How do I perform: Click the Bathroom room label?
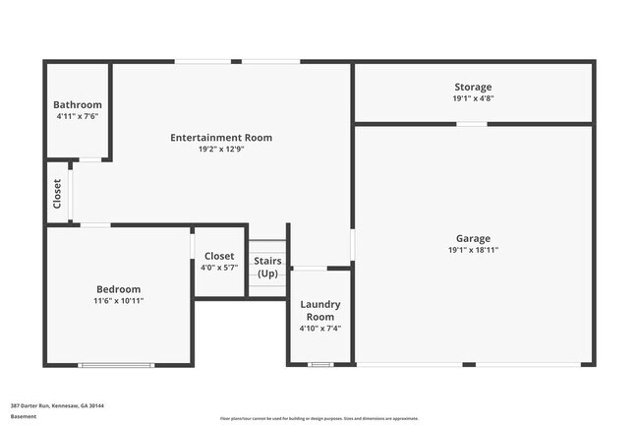(78, 104)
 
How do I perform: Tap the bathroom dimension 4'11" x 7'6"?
(78, 116)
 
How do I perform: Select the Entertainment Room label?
(221, 138)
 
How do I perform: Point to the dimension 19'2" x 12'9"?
(221, 150)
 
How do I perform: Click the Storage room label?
(473, 88)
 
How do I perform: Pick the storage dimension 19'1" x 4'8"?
(473, 98)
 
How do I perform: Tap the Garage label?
(473, 238)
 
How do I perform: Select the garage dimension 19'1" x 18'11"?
(473, 250)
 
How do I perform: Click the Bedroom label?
(118, 288)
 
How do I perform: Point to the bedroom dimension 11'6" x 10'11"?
(118, 300)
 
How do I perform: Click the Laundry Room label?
(320, 311)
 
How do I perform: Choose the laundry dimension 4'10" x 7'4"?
(320, 329)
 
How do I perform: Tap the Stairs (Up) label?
(267, 267)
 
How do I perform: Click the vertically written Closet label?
(58, 193)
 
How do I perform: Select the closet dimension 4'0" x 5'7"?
(219, 268)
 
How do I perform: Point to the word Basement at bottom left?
(24, 416)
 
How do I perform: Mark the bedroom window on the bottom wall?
(116, 365)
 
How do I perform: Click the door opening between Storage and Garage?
(472, 124)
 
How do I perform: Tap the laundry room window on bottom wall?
(320, 365)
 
